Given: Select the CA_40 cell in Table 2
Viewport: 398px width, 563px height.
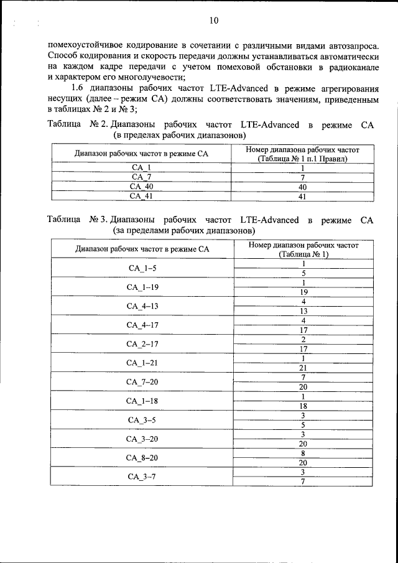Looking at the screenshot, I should pos(141,187).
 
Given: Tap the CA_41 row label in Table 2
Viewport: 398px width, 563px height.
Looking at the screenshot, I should pos(141,196).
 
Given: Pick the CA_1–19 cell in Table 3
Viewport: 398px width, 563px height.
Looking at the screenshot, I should pos(141,287).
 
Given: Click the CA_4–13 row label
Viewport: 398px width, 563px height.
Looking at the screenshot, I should pos(141,306).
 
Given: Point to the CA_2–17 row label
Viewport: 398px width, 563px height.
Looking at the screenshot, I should pos(141,343).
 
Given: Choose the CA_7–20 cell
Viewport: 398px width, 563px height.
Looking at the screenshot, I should pos(141,381).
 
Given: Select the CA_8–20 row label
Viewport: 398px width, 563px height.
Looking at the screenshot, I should pos(141,458).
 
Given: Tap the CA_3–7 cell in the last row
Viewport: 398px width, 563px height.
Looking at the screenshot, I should pos(141,477).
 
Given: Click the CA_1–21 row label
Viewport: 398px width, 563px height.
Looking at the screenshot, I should pos(141,363).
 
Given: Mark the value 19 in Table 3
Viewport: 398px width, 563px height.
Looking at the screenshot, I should pos(303,292).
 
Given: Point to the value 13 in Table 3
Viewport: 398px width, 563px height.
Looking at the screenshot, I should pos(303,311).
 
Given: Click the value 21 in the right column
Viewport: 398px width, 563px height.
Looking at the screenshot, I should pos(303,368).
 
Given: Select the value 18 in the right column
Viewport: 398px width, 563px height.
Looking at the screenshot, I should pos(303,406).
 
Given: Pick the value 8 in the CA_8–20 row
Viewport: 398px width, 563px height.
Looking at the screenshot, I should pos(303,454).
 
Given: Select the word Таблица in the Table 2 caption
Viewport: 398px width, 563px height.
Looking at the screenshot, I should pos(64,125).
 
